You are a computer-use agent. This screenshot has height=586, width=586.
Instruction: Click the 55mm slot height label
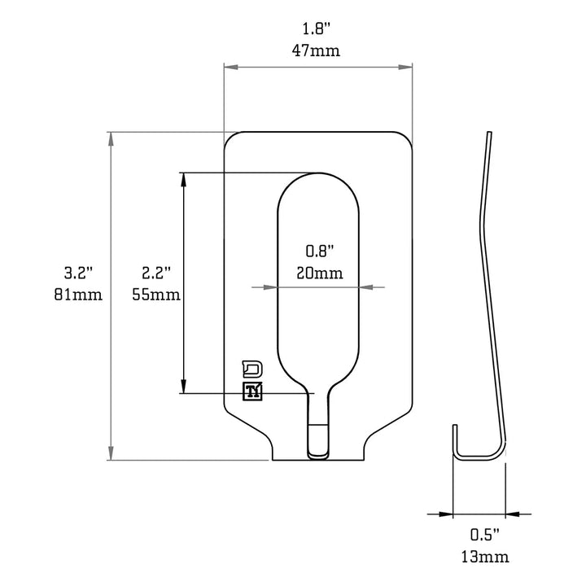click(x=155, y=294)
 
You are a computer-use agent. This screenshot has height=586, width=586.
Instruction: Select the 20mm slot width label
click(x=318, y=272)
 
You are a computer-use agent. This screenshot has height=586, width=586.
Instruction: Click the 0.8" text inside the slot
click(x=318, y=251)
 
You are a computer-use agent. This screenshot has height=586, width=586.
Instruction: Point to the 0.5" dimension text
click(x=483, y=536)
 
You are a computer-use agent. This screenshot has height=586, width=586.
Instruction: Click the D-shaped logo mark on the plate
click(x=253, y=367)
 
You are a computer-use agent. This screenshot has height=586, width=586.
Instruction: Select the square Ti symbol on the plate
click(x=253, y=391)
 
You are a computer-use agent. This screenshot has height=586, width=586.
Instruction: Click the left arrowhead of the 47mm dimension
click(x=230, y=68)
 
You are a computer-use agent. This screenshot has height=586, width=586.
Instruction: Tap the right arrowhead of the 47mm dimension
click(x=407, y=68)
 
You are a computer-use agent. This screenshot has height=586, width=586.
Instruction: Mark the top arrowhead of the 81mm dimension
click(x=111, y=138)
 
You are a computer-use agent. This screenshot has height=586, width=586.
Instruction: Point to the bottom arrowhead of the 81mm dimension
click(x=111, y=454)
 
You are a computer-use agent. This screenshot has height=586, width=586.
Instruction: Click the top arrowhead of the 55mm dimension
click(x=184, y=178)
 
